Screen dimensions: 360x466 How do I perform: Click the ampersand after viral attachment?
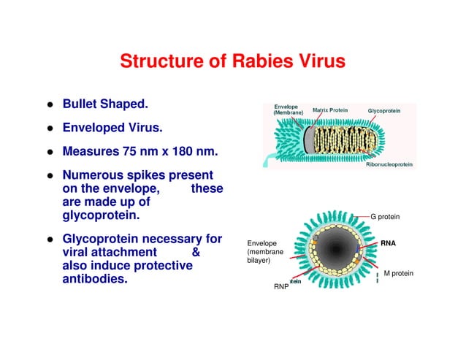(195, 253)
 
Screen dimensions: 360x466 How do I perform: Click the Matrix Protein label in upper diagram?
(330, 110)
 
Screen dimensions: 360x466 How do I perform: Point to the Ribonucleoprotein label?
(389, 165)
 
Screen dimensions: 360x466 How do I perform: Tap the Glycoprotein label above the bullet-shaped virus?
(383, 110)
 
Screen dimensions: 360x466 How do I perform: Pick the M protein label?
(398, 273)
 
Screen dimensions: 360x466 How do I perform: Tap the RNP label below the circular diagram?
(281, 287)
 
